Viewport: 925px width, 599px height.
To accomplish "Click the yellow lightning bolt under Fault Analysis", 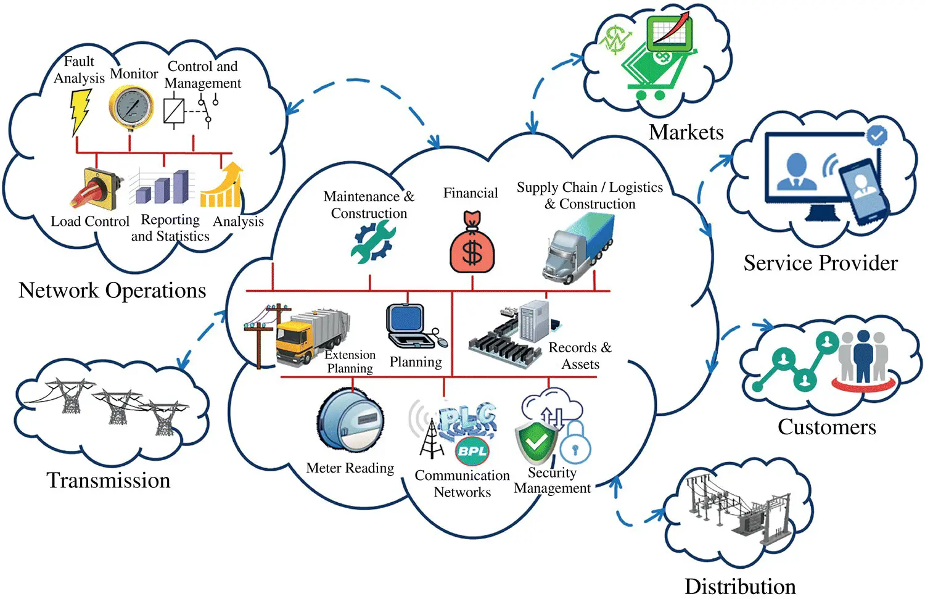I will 80,111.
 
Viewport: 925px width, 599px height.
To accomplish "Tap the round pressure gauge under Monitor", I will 131,107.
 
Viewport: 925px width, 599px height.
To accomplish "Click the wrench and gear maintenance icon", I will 372,242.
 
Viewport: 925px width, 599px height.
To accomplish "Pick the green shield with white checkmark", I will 536,442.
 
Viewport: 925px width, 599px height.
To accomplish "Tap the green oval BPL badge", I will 472,451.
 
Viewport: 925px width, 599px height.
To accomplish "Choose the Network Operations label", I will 112,290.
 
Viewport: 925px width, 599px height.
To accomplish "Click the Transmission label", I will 109,480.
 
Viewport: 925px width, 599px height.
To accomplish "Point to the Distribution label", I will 740,586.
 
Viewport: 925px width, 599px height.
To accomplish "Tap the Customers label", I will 826,427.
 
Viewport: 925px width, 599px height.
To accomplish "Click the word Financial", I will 471,193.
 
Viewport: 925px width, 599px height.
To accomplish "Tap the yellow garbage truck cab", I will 294,343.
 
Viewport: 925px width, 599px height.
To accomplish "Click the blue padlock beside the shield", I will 575,443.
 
